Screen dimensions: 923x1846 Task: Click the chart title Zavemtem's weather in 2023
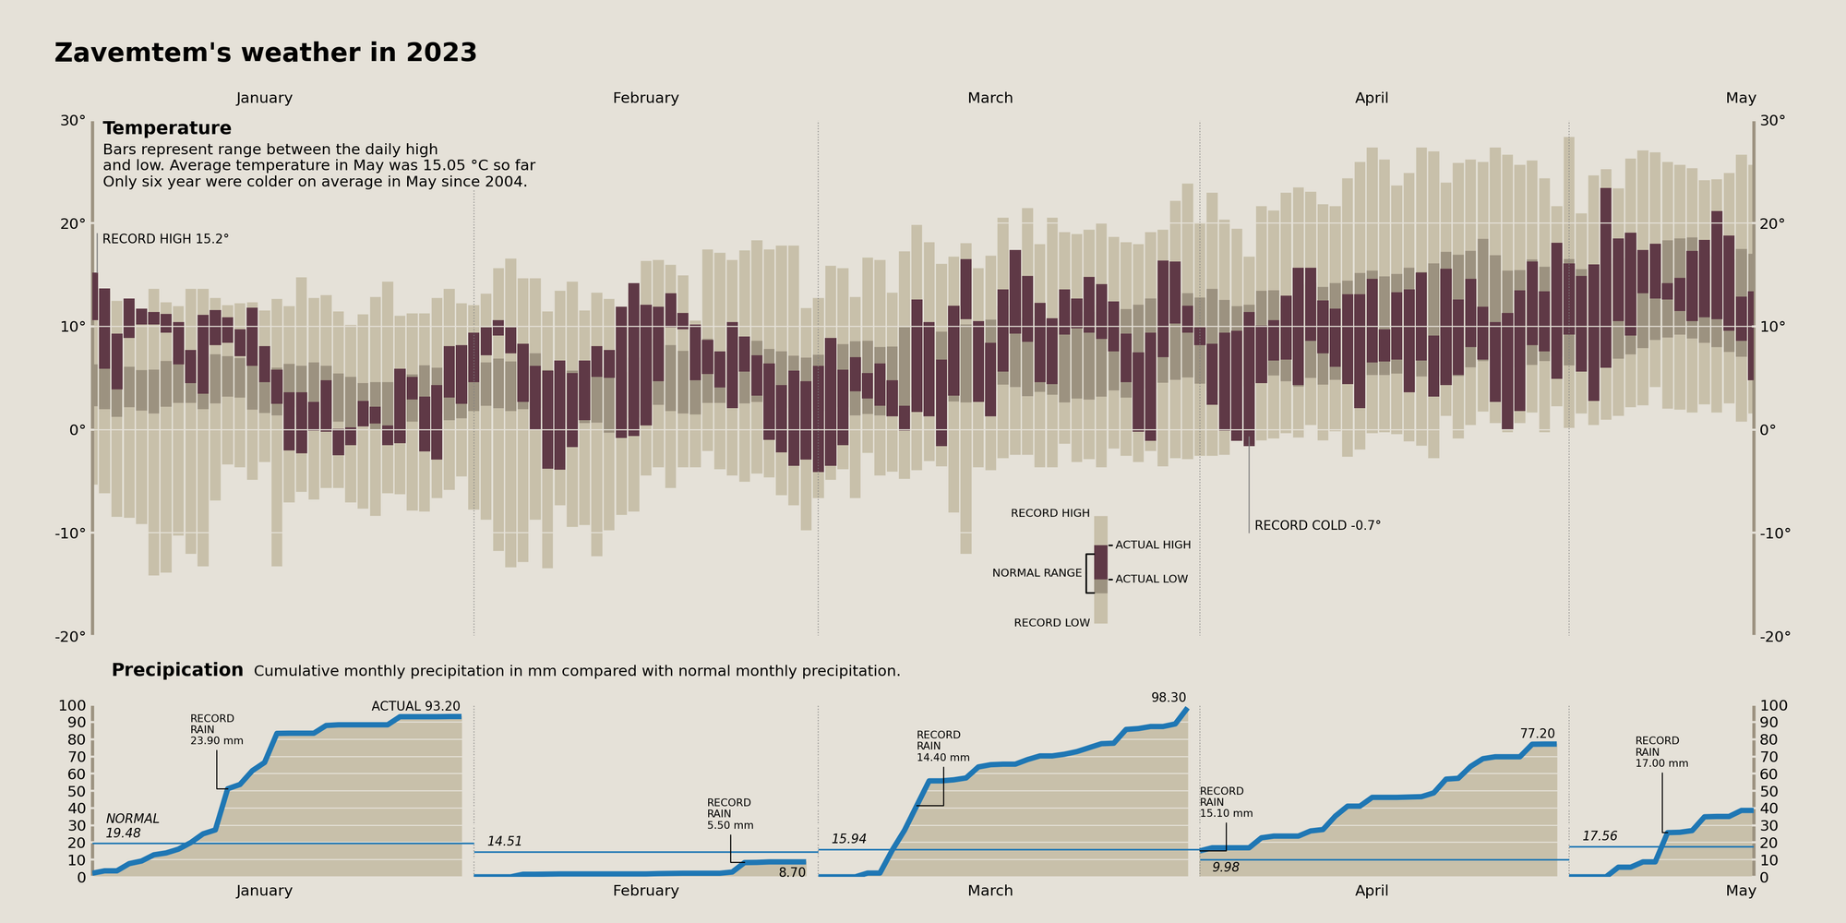pos(266,54)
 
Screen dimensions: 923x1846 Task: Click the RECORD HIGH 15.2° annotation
pos(165,239)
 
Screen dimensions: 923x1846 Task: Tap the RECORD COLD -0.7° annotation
pos(1317,526)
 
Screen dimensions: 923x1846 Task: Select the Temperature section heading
pos(167,128)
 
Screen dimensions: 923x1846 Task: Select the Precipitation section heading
pos(177,670)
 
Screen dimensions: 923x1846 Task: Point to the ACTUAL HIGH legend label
pos(1153,545)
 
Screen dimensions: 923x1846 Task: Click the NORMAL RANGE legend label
pos(1037,573)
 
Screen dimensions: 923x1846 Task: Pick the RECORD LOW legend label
pos(1051,623)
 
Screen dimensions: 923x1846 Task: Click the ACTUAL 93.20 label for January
pos(415,706)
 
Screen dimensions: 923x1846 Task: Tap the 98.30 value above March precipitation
pos(1169,698)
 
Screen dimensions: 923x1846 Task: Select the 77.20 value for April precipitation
pos(1537,734)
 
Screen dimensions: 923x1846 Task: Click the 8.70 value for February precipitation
pos(791,872)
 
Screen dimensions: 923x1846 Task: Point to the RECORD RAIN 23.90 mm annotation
pos(216,729)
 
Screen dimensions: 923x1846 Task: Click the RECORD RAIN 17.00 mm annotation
pos(1661,752)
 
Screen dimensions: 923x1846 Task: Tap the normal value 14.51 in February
pos(505,842)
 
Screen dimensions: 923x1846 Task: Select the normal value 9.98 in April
pos(1226,868)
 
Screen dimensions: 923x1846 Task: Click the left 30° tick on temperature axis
pos(73,121)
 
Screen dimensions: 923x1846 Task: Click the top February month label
pos(645,98)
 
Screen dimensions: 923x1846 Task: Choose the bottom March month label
pos(989,891)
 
